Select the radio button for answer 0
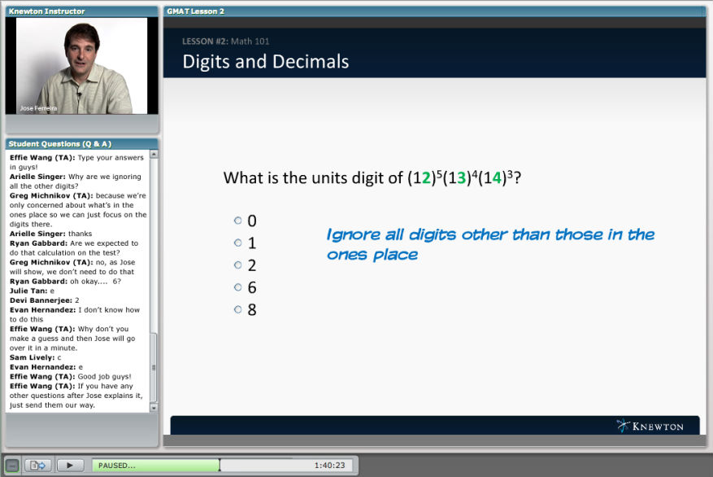(x=238, y=221)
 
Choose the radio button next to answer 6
(x=238, y=287)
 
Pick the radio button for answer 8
(x=238, y=309)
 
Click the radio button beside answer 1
(x=238, y=243)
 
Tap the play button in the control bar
(x=70, y=465)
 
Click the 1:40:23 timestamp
(x=330, y=465)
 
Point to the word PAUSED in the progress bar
(x=117, y=466)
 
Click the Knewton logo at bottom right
(x=650, y=426)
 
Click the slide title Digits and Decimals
(x=266, y=61)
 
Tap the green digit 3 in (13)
(x=462, y=178)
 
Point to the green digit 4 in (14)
(x=497, y=178)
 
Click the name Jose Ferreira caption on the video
(x=39, y=108)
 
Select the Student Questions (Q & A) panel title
(x=60, y=144)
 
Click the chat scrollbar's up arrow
(x=154, y=155)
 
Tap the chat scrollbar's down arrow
(x=154, y=408)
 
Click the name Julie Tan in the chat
(x=28, y=291)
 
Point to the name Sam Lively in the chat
(x=32, y=358)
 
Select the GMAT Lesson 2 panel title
(x=196, y=11)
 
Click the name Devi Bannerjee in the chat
(x=41, y=300)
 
